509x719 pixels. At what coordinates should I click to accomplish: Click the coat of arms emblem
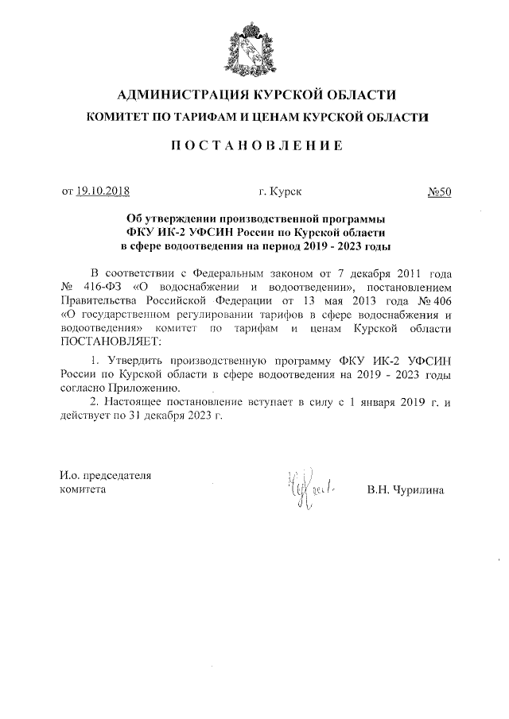pyautogui.click(x=254, y=46)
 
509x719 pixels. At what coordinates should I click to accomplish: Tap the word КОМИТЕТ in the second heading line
pyautogui.click(x=119, y=118)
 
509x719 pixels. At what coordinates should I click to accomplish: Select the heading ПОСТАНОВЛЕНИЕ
pyautogui.click(x=254, y=147)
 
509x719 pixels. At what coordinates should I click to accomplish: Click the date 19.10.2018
pyautogui.click(x=103, y=191)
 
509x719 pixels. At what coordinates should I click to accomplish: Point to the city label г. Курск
pyautogui.click(x=280, y=191)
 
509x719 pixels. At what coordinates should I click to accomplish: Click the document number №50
pyautogui.click(x=439, y=191)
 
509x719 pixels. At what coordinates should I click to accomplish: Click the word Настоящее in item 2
pyautogui.click(x=136, y=403)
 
